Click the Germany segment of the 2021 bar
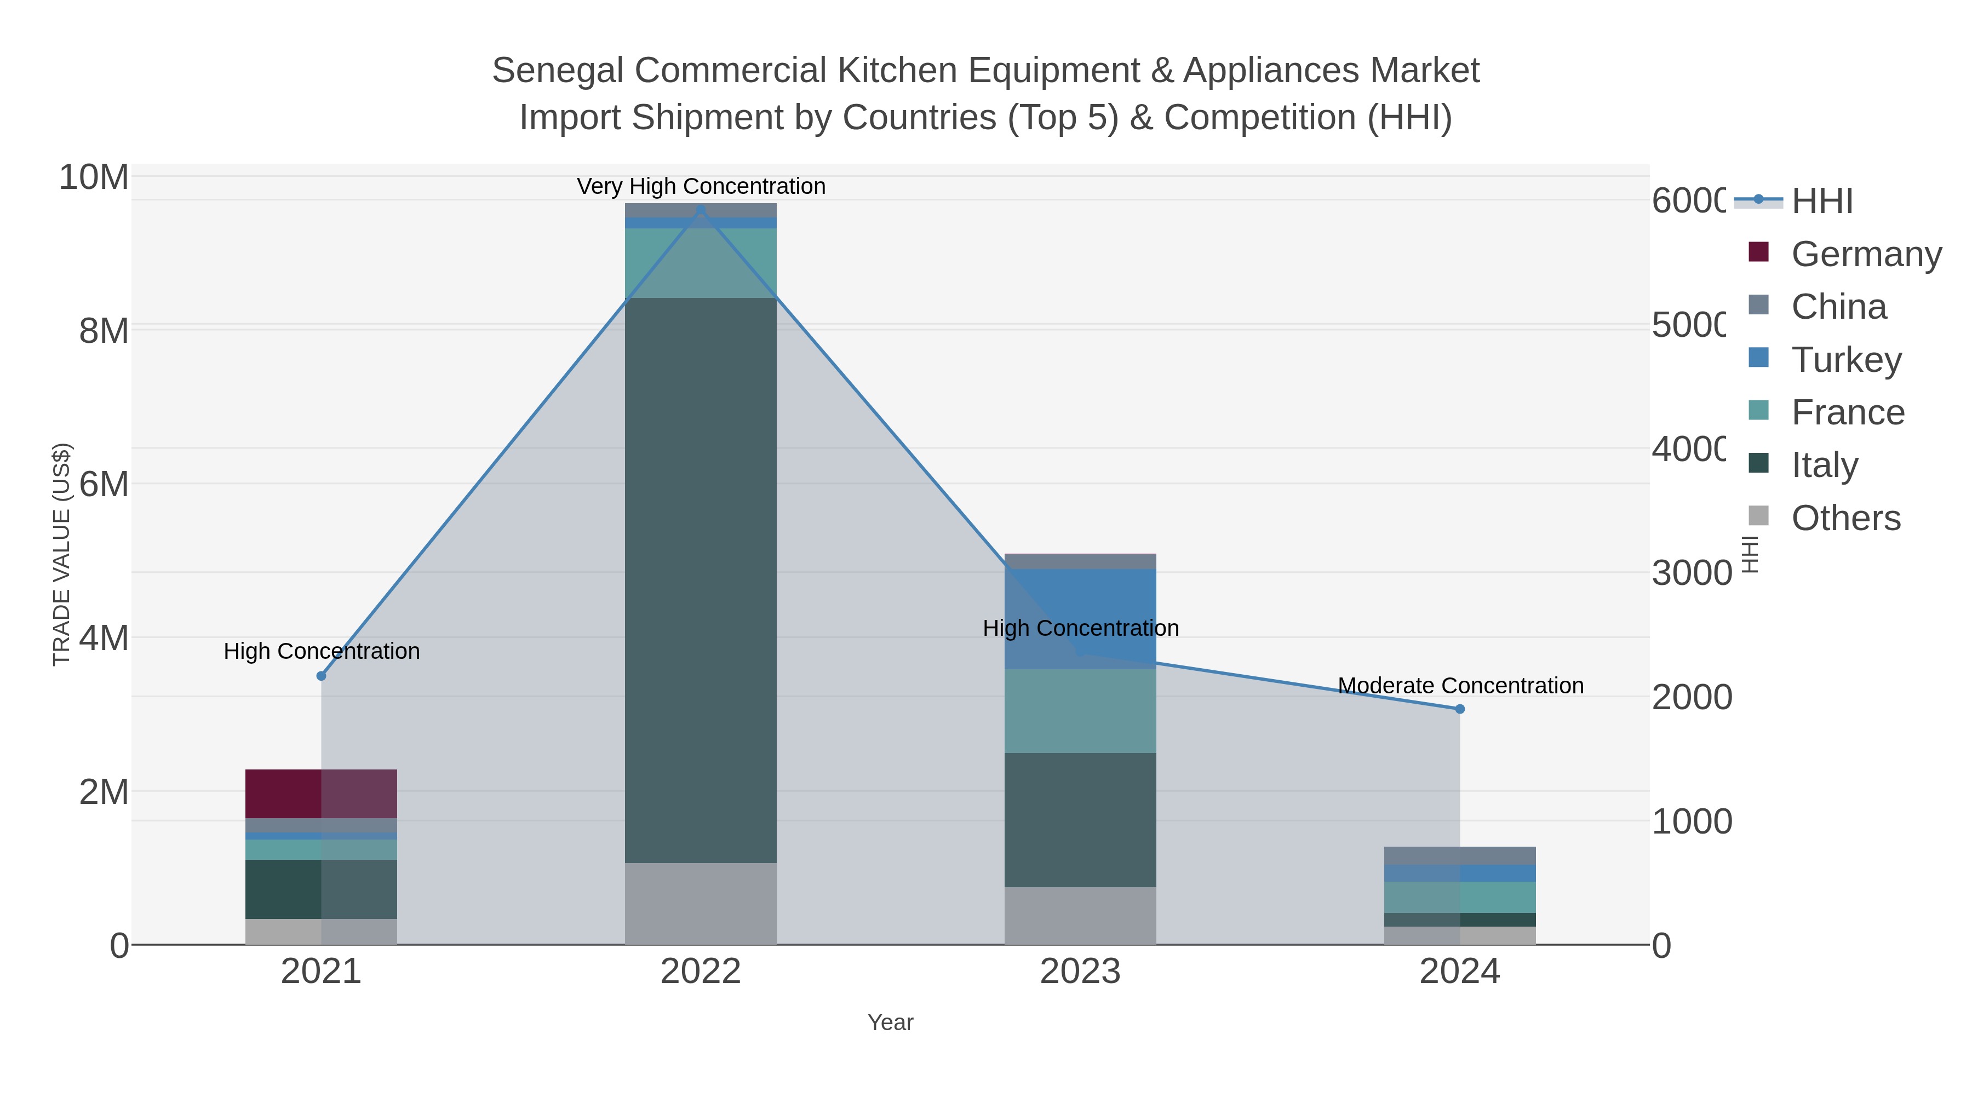[321, 794]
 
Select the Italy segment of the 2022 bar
[701, 580]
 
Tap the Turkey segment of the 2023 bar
[1080, 618]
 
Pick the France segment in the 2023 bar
[1080, 711]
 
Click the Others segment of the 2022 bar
[701, 903]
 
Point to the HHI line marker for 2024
[1459, 709]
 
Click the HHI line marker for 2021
[321, 676]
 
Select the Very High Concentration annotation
[701, 186]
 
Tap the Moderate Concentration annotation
[1460, 686]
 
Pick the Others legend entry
[1845, 518]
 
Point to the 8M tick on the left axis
[104, 331]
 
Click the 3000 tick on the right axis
[1691, 573]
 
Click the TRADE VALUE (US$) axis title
[61, 554]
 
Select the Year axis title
[890, 1022]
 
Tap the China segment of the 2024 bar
[1459, 855]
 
